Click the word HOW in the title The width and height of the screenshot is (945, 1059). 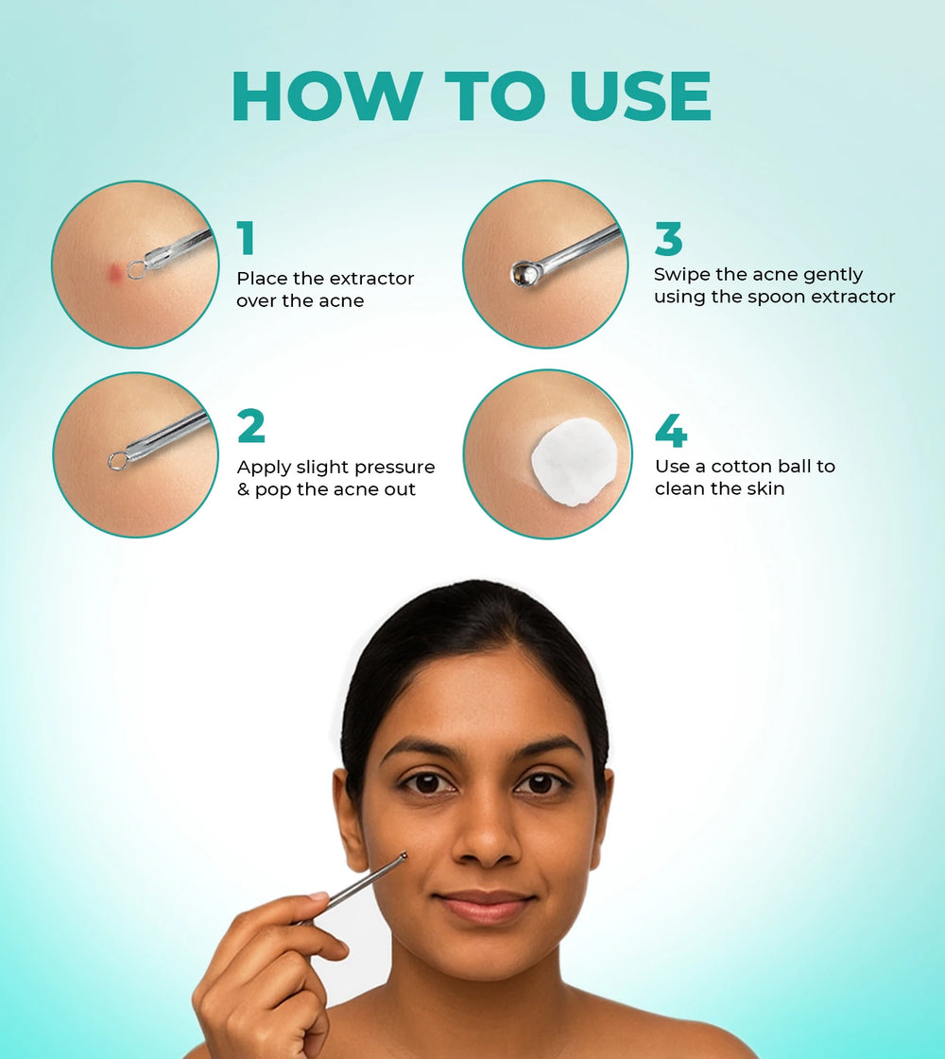click(x=328, y=95)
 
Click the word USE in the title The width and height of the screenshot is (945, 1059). click(x=641, y=95)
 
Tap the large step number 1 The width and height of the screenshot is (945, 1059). click(x=246, y=238)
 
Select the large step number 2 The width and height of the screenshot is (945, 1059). click(x=251, y=426)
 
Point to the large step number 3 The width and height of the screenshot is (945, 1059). click(x=669, y=238)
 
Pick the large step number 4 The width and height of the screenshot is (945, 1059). click(x=671, y=430)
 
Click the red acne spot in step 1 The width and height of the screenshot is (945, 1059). click(x=116, y=271)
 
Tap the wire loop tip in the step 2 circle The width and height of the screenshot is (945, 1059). click(x=117, y=461)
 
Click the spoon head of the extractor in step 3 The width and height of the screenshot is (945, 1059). click(x=524, y=273)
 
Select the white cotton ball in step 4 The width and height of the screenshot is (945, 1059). click(x=574, y=461)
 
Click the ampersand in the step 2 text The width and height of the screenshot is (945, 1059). click(x=243, y=489)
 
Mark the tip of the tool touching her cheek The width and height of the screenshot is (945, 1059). click(x=404, y=857)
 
